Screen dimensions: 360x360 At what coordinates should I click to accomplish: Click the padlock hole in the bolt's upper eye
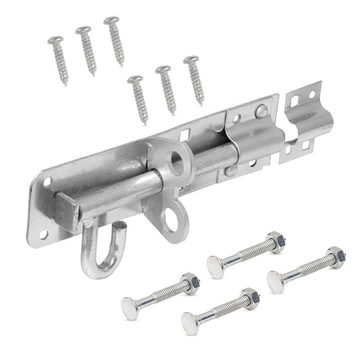click(x=178, y=161)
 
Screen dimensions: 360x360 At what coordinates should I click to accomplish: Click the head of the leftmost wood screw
click(x=55, y=41)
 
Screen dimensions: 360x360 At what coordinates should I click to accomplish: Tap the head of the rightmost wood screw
click(x=190, y=60)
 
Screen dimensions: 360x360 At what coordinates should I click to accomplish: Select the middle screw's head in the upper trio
click(x=84, y=30)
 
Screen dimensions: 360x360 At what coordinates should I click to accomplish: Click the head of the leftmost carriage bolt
click(x=130, y=308)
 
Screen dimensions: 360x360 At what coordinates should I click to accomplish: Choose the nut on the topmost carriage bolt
click(x=275, y=238)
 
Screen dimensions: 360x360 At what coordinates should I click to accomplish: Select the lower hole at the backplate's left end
click(x=42, y=234)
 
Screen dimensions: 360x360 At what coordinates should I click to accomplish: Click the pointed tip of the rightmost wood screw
click(x=201, y=103)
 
